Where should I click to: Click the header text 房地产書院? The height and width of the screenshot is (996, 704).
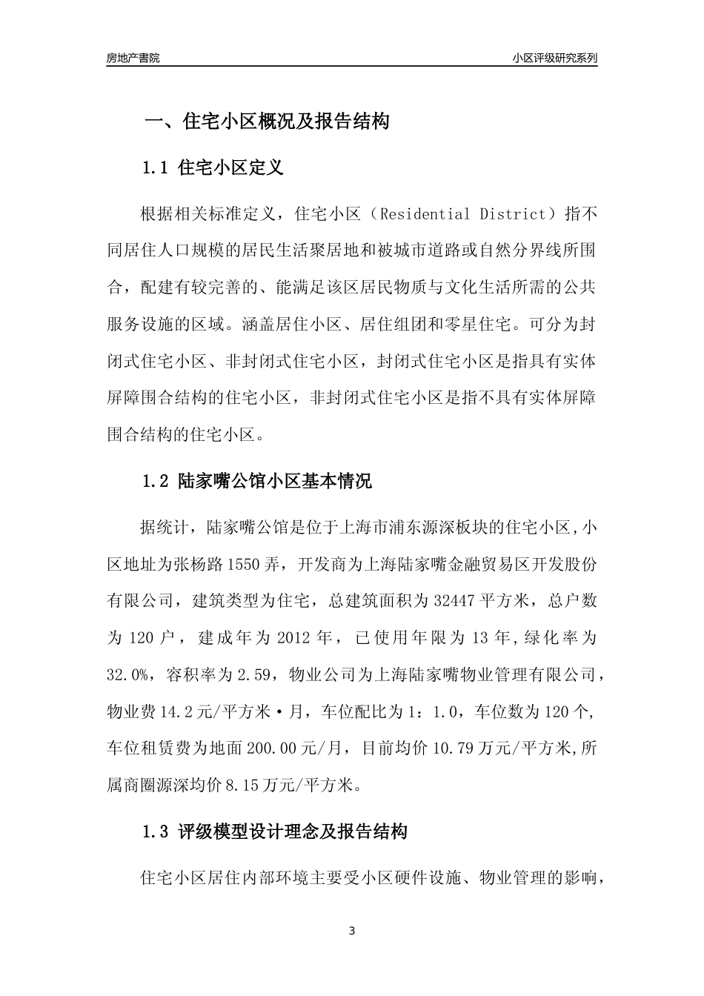(x=133, y=58)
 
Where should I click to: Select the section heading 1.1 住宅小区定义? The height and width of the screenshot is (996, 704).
(x=212, y=167)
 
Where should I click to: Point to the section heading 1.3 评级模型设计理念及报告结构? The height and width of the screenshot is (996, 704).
(x=274, y=831)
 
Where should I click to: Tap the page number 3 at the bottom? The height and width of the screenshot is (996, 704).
(x=352, y=931)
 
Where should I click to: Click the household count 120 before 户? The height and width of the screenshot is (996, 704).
(x=147, y=637)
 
